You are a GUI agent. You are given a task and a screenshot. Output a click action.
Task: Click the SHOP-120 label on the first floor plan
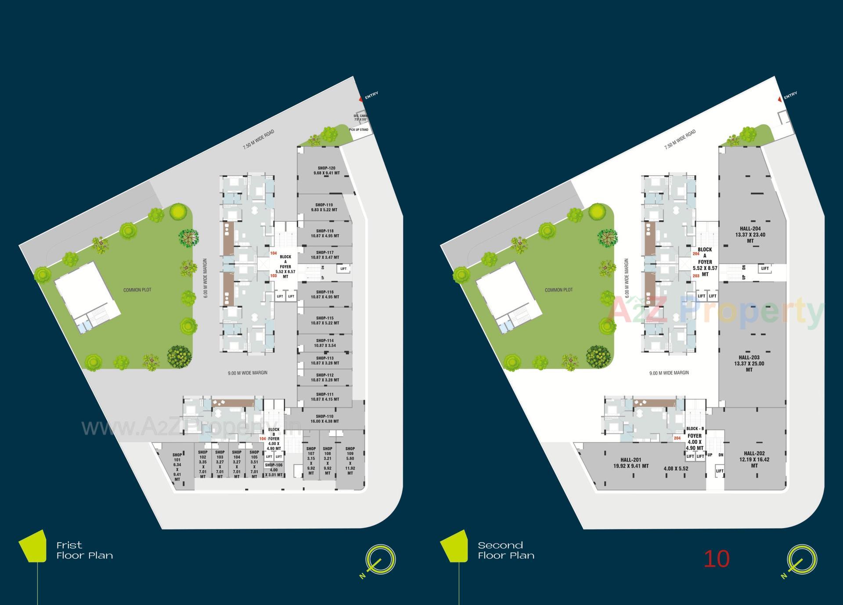click(x=326, y=170)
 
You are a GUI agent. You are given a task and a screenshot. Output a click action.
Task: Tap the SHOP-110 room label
click(x=324, y=419)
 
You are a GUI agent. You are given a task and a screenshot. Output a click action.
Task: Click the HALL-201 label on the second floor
click(x=631, y=463)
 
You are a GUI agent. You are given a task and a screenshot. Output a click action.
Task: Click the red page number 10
click(x=717, y=559)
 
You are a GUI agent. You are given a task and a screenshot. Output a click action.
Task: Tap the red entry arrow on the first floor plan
click(x=361, y=99)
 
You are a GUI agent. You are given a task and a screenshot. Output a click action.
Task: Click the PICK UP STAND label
click(x=359, y=130)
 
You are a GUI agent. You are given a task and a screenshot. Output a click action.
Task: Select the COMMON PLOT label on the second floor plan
click(x=558, y=290)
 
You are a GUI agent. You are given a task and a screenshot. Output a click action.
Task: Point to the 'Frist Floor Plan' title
click(x=84, y=551)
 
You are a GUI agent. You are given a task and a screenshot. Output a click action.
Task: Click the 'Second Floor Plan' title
click(x=506, y=551)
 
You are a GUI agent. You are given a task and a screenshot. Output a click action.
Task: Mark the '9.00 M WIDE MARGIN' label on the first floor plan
click(x=248, y=373)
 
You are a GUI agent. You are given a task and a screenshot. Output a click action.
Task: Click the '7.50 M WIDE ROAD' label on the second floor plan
click(x=680, y=140)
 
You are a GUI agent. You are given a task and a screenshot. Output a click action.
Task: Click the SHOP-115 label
click(x=325, y=320)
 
